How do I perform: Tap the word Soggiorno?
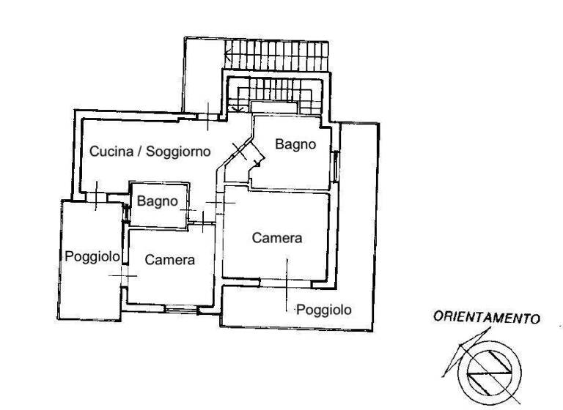click(x=178, y=152)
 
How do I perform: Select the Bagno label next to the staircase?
click(x=295, y=144)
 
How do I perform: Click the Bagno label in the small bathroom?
click(x=157, y=200)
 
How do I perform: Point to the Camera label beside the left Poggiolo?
click(x=169, y=259)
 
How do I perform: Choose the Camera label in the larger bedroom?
click(x=277, y=238)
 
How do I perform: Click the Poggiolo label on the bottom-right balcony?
click(x=323, y=310)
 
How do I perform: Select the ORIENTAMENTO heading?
click(x=487, y=318)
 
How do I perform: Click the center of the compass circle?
click(x=489, y=369)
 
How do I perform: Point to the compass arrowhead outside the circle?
click(x=460, y=344)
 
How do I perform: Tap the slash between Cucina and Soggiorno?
click(x=140, y=152)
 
